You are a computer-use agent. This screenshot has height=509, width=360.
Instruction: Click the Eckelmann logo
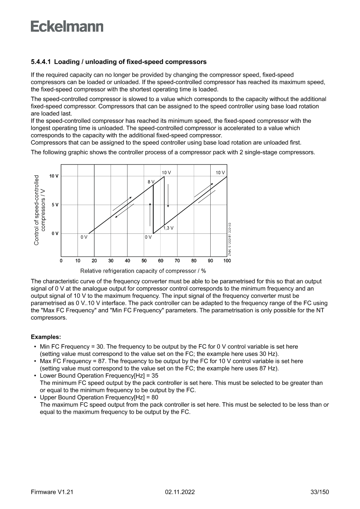point(67,27)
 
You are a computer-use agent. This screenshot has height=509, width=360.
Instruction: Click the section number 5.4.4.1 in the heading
point(41,62)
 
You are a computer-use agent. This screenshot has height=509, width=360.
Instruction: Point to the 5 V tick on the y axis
point(55,205)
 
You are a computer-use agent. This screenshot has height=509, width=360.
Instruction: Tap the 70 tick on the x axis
point(177,261)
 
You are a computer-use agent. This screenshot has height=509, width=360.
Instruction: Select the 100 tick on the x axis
point(227,261)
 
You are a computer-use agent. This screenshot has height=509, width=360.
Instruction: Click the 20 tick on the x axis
point(94,261)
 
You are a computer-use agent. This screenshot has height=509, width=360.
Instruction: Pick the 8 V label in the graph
point(151,181)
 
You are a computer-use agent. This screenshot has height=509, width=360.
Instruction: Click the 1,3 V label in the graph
point(168,228)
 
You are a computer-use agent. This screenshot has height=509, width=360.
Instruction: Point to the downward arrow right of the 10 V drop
point(168,195)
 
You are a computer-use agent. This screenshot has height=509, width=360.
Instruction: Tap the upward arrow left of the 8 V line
point(150,214)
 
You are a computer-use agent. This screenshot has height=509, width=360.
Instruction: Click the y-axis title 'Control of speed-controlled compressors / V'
point(40,210)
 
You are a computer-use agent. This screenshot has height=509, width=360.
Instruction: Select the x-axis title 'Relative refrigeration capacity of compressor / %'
point(143,271)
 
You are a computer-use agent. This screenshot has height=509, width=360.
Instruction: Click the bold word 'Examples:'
point(46,337)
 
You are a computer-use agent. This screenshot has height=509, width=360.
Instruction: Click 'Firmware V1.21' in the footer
point(51,492)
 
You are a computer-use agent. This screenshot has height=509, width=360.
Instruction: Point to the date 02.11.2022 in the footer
point(180,492)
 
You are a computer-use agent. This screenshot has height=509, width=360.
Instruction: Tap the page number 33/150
point(319,492)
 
